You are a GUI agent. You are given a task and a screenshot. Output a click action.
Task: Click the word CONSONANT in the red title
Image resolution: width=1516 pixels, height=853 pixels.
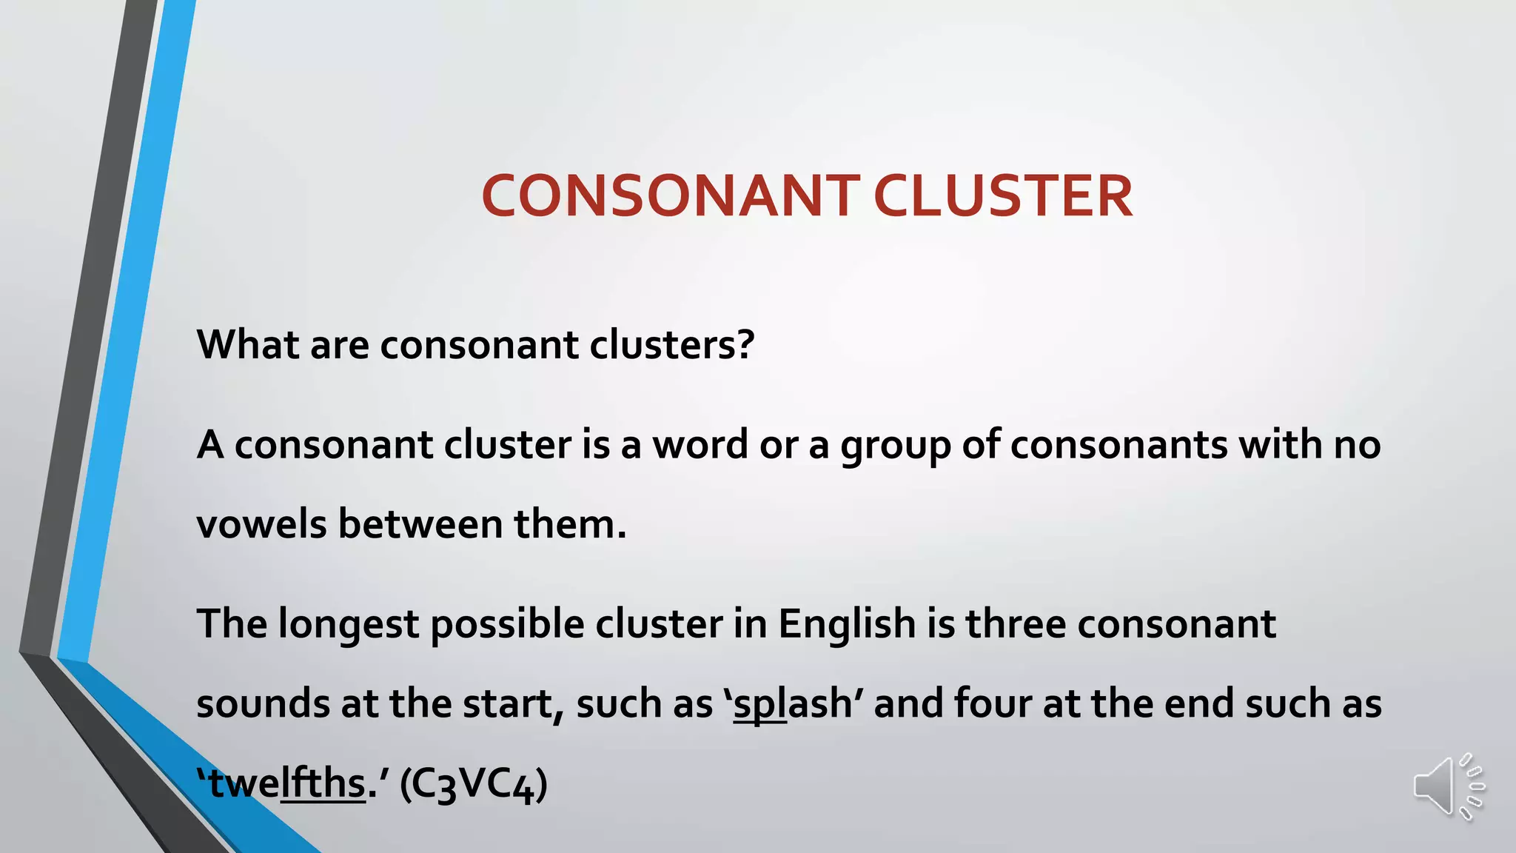[671, 196]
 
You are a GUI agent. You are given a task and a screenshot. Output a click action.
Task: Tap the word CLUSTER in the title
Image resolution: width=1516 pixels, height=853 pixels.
[1002, 196]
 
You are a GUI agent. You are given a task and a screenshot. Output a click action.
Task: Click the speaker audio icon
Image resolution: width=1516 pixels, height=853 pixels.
[1448, 787]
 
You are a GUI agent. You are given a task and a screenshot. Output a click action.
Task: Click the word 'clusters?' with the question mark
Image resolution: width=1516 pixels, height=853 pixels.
[671, 344]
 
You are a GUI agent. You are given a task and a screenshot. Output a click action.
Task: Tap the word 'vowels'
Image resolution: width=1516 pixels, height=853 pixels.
[261, 524]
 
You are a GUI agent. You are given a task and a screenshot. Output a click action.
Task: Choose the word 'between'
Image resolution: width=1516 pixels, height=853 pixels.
[420, 524]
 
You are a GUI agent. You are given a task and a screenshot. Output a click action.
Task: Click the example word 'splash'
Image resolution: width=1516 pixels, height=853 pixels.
[793, 704]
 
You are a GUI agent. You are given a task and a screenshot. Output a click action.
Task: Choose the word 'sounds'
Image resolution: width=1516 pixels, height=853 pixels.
[263, 704]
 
